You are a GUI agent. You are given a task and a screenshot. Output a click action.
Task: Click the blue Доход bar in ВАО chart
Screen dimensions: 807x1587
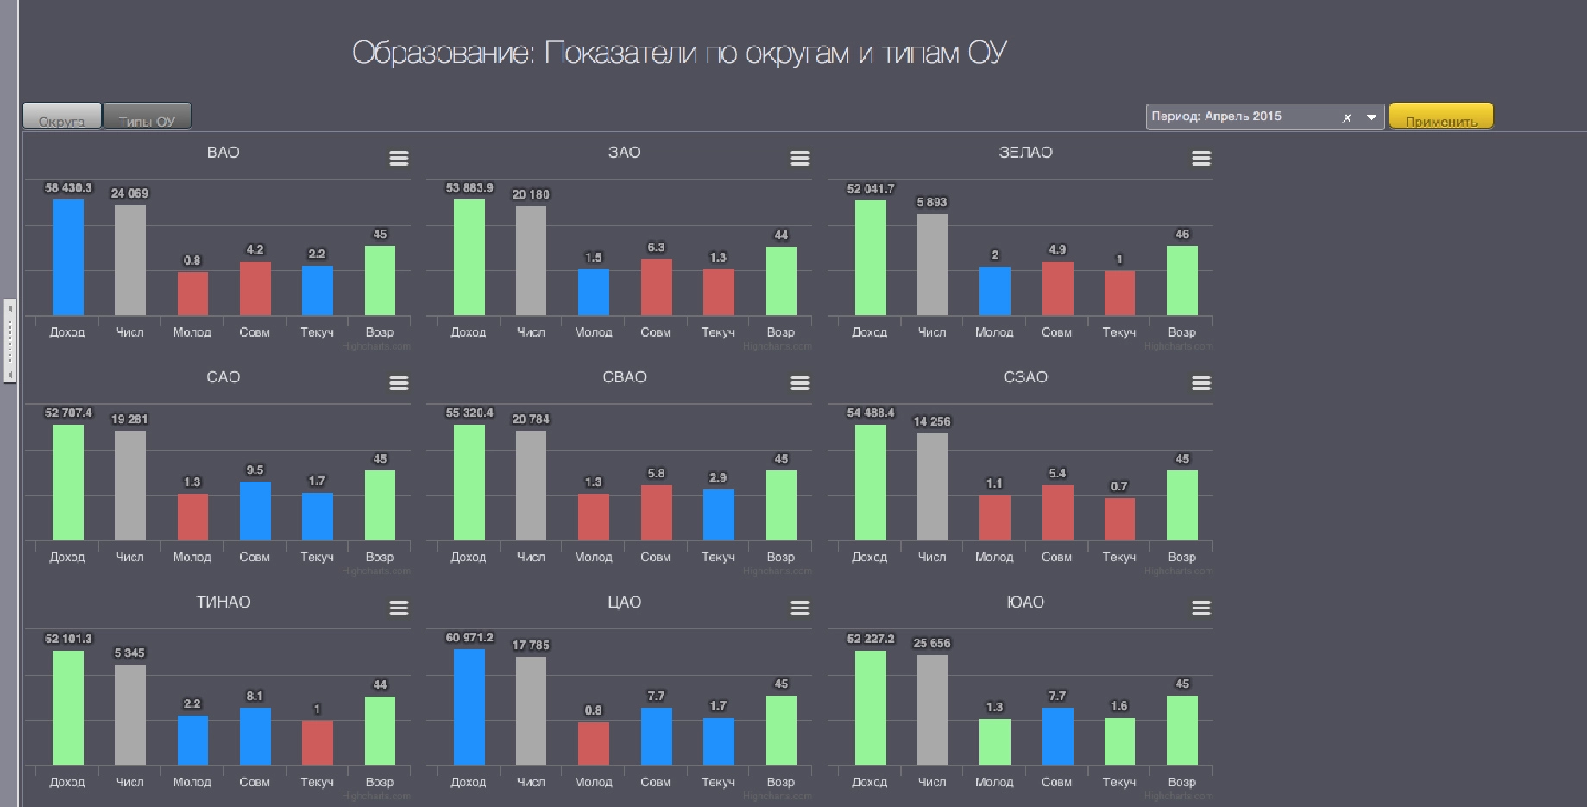pyautogui.click(x=68, y=257)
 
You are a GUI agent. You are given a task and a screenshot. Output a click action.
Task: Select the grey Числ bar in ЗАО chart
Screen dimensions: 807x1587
pyautogui.click(x=531, y=261)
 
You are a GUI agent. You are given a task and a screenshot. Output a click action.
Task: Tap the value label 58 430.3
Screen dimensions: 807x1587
pyautogui.click(x=68, y=187)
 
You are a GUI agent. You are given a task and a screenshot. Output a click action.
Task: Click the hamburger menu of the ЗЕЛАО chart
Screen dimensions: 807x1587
pyautogui.click(x=1200, y=158)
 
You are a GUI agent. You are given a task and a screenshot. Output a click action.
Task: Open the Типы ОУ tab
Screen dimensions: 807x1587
pyautogui.click(x=147, y=117)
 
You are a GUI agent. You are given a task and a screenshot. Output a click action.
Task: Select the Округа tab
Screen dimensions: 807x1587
pyautogui.click(x=61, y=117)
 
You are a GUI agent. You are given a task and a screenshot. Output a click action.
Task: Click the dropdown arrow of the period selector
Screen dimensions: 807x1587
pyautogui.click(x=1371, y=117)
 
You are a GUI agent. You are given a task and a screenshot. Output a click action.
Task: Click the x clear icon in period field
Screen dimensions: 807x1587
pyautogui.click(x=1347, y=117)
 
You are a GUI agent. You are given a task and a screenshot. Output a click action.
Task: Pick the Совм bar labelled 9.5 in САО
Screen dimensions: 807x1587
pyautogui.click(x=255, y=511)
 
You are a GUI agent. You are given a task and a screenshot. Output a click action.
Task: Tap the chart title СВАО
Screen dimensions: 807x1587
pyautogui.click(x=624, y=377)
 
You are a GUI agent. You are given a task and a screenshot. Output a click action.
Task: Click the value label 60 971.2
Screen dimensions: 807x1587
pyautogui.click(x=469, y=638)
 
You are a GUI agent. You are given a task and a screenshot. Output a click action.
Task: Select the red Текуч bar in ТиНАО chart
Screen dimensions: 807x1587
pyautogui.click(x=317, y=742)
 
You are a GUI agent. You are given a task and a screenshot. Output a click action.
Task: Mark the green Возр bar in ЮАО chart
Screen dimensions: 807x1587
pyautogui.click(x=1181, y=730)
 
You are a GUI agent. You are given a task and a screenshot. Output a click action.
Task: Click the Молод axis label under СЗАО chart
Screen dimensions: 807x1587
pyautogui.click(x=994, y=557)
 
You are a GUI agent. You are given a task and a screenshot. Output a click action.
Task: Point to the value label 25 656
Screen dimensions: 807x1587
pyautogui.click(x=931, y=643)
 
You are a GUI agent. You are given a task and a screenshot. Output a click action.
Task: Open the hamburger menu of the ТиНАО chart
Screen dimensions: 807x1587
pyautogui.click(x=399, y=608)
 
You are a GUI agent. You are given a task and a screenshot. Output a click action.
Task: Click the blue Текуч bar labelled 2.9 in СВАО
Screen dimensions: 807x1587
pyautogui.click(x=718, y=515)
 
